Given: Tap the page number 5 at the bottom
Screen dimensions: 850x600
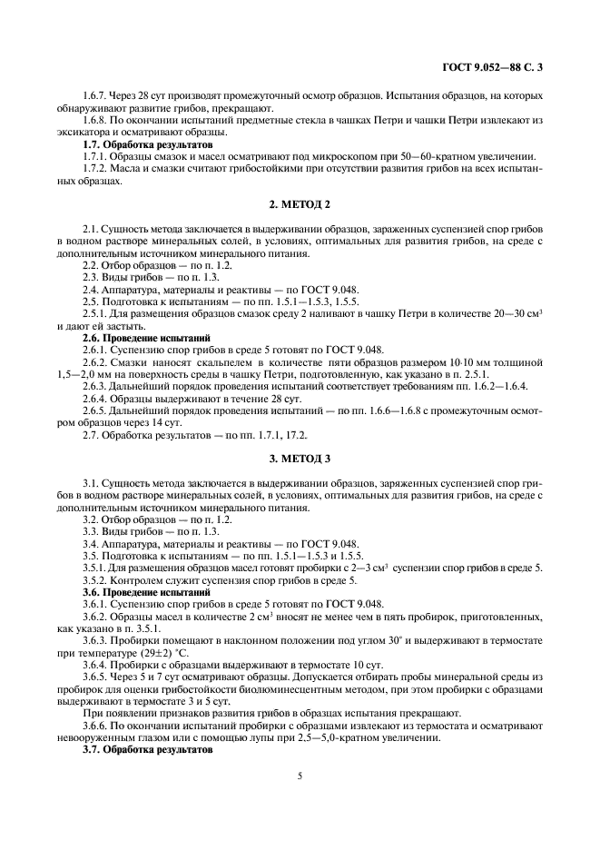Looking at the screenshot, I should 300,776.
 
